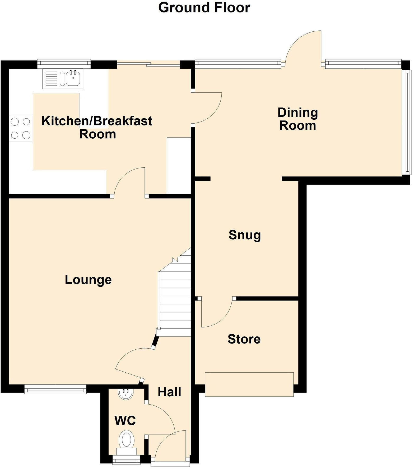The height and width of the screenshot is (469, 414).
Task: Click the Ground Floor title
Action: tap(204, 7)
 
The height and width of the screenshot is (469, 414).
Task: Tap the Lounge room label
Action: tap(88, 279)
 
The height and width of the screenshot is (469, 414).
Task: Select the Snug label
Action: tap(245, 235)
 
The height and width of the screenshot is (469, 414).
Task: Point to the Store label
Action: tap(244, 339)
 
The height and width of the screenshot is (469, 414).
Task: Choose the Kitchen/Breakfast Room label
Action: tap(97, 127)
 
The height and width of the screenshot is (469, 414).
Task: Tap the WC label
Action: tap(125, 420)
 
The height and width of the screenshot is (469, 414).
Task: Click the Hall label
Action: tap(169, 392)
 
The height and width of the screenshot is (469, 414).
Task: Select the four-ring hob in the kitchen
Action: tap(20, 128)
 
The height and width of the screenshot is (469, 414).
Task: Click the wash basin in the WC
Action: tap(126, 394)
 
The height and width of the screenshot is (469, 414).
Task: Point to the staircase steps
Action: tap(175, 304)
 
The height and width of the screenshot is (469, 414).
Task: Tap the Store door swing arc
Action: tap(217, 314)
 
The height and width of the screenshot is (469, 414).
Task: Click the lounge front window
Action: tap(55, 389)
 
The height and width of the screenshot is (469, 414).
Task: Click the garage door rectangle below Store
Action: tap(249, 384)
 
